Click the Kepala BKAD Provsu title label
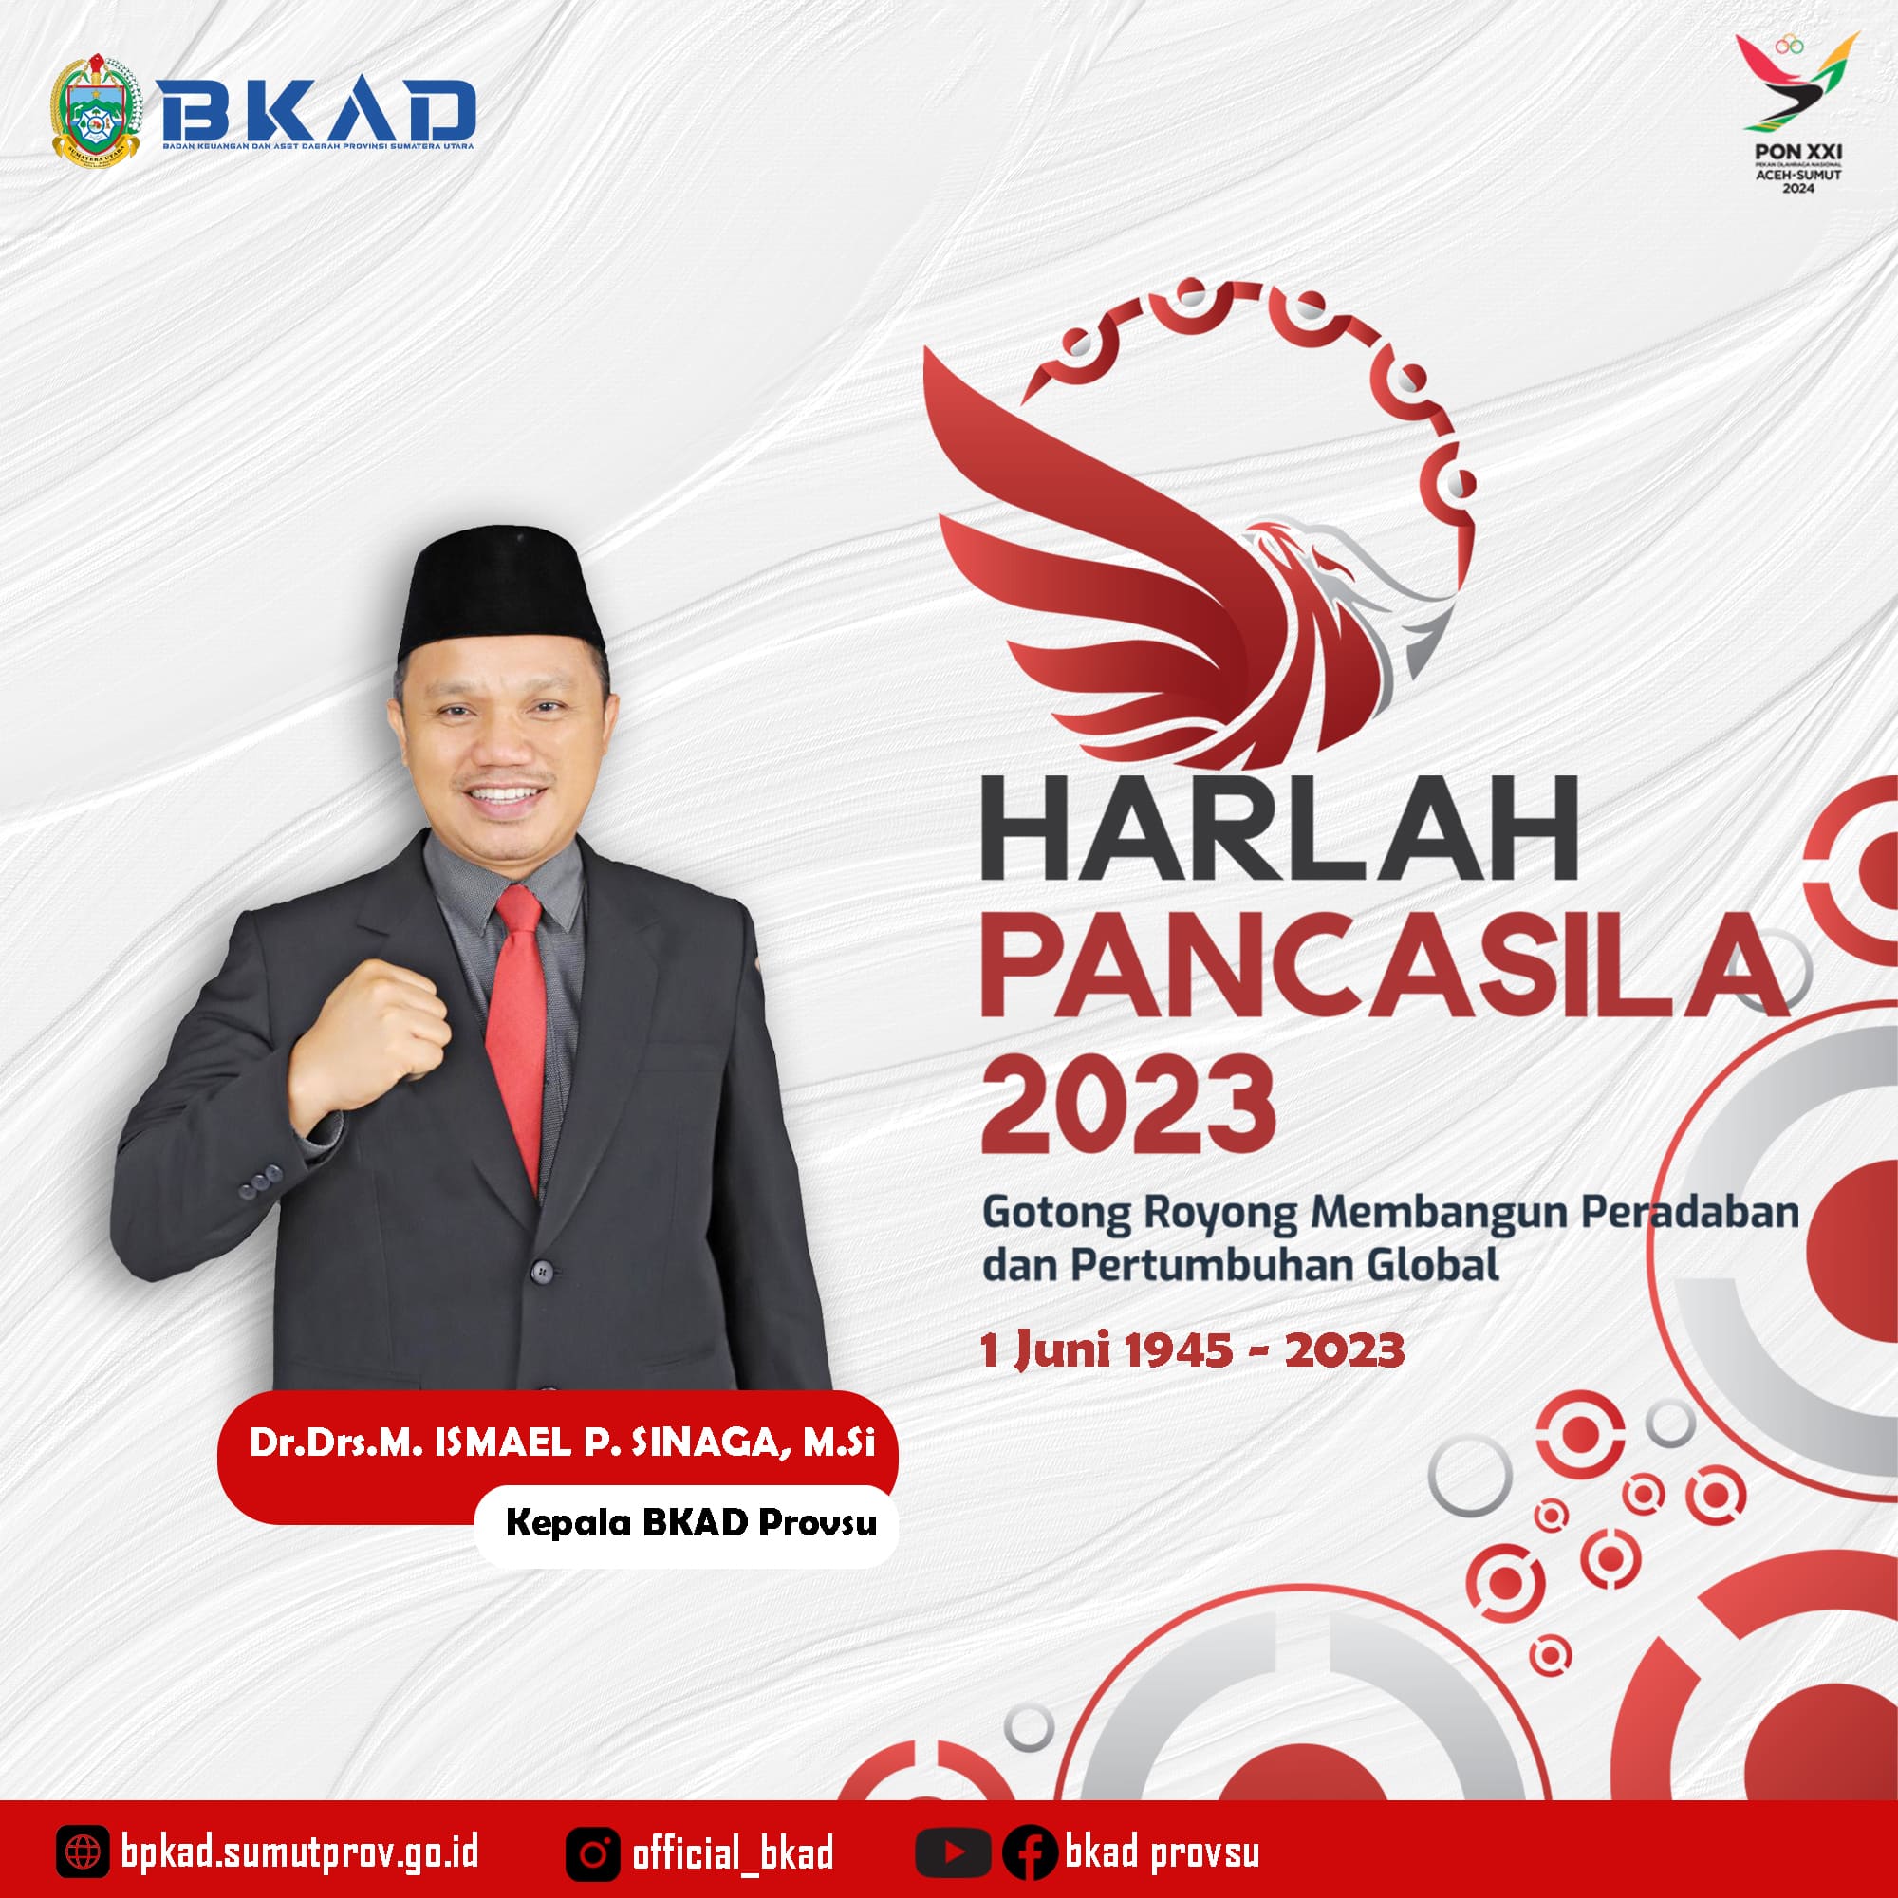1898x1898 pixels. pos(691,1524)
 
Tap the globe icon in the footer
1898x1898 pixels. pos(82,1853)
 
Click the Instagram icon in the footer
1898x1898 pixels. pos(592,1853)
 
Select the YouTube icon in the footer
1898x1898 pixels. pos(953,1853)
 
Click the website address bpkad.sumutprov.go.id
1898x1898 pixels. pos(300,1853)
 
